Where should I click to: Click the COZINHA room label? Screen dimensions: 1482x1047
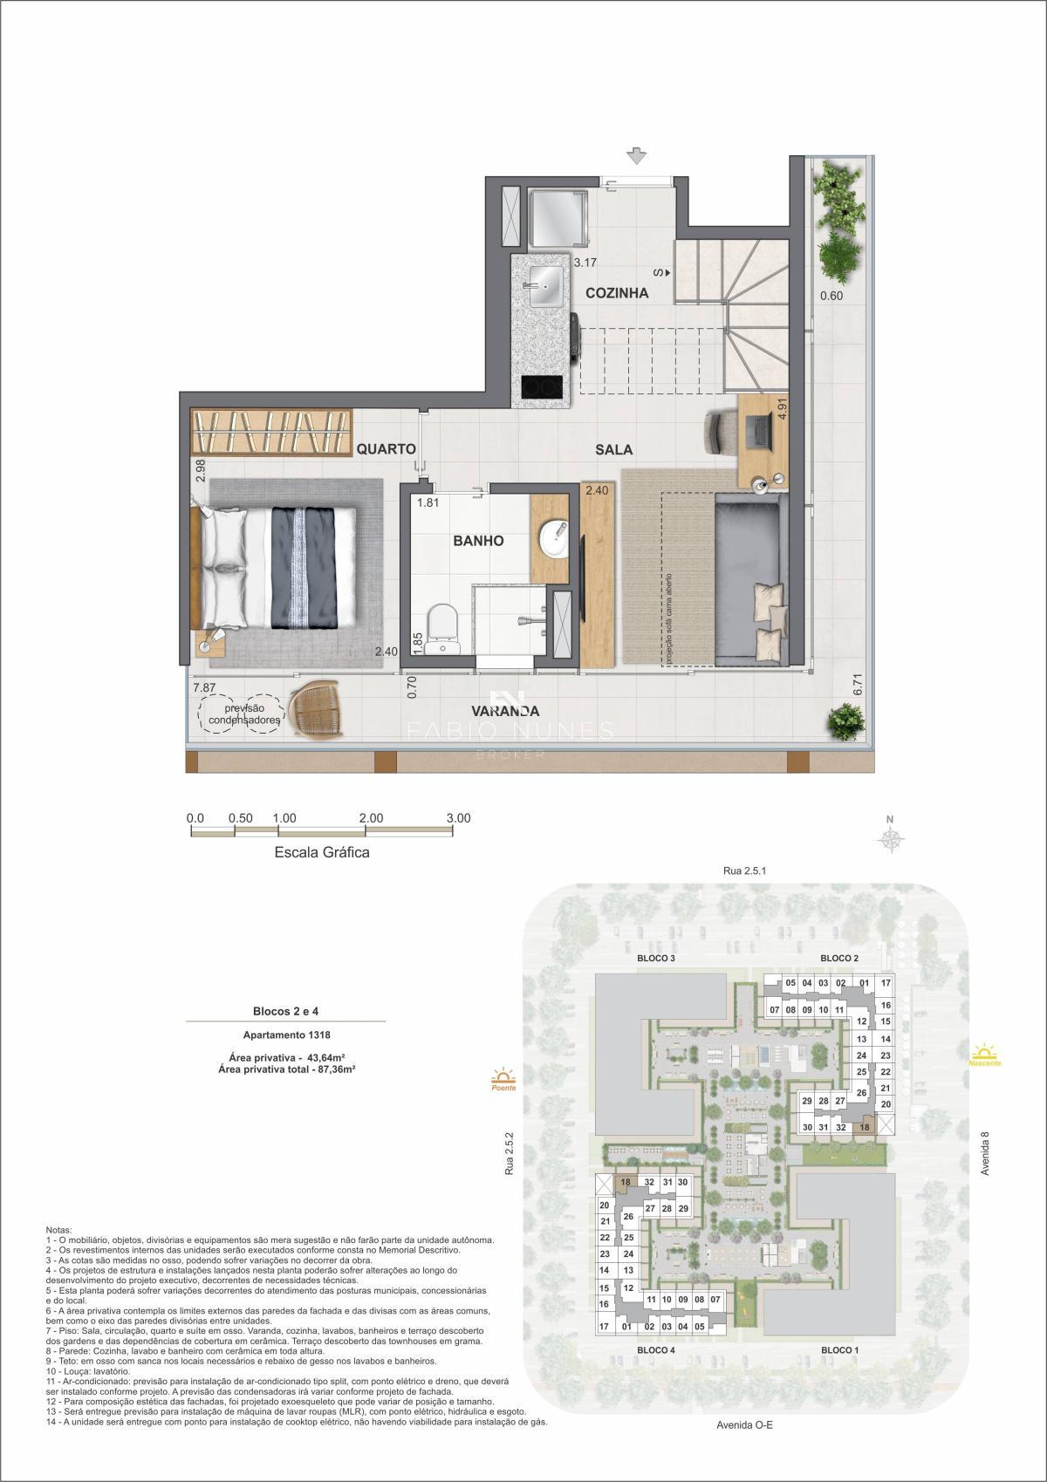(617, 293)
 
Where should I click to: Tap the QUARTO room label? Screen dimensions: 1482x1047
(385, 449)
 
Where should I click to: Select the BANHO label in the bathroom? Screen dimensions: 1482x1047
(478, 541)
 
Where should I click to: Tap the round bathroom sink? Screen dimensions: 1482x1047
(552, 536)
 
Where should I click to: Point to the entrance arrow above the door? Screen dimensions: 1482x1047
(638, 156)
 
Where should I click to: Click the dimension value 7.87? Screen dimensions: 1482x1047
(204, 688)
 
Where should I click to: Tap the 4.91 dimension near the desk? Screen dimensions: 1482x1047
(784, 410)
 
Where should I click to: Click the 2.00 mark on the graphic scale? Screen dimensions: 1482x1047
(370, 818)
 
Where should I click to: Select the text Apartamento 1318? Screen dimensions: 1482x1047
(286, 1035)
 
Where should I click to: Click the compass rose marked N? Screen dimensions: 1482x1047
(890, 838)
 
